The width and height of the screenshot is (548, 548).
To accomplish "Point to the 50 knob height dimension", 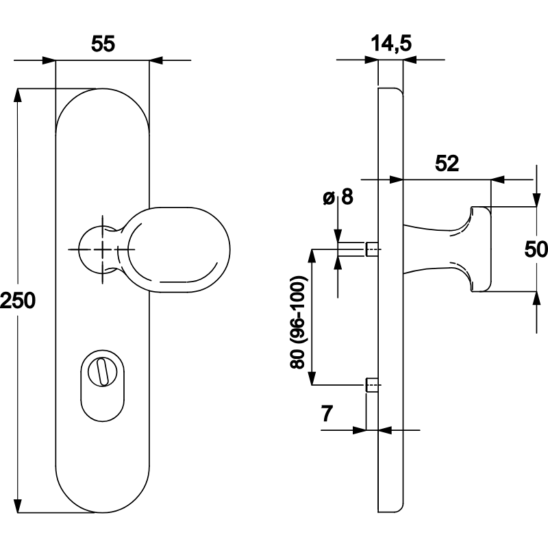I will (x=536, y=249).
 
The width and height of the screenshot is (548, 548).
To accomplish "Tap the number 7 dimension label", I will (x=327, y=413).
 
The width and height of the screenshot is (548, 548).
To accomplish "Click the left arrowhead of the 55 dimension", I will (x=49, y=61).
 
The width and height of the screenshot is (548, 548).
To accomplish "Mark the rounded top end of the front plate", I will (x=102, y=103).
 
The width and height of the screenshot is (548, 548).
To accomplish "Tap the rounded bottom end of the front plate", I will (x=102, y=497).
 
